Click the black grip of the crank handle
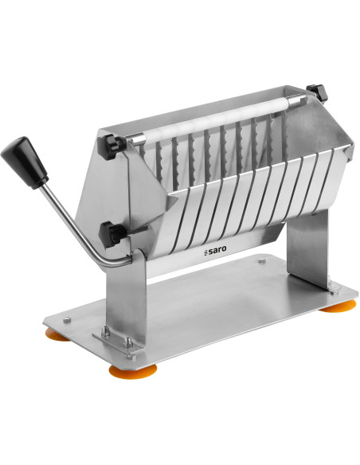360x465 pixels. [25, 162]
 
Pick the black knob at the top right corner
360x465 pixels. [317, 92]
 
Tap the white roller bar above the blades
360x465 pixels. [213, 121]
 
